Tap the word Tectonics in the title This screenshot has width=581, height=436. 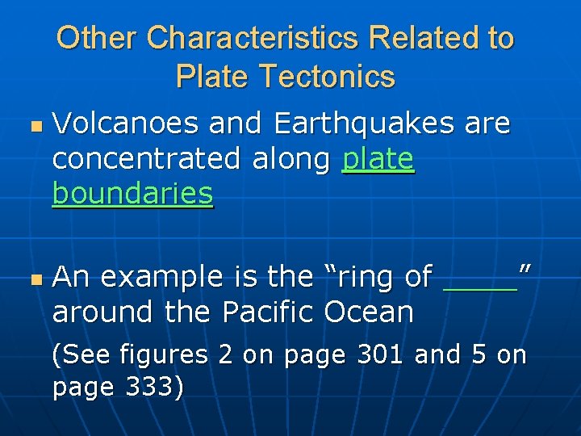click(328, 77)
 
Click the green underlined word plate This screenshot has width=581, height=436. click(378, 160)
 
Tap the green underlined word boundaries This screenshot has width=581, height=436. click(132, 195)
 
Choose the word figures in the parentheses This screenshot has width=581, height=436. click(164, 354)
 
